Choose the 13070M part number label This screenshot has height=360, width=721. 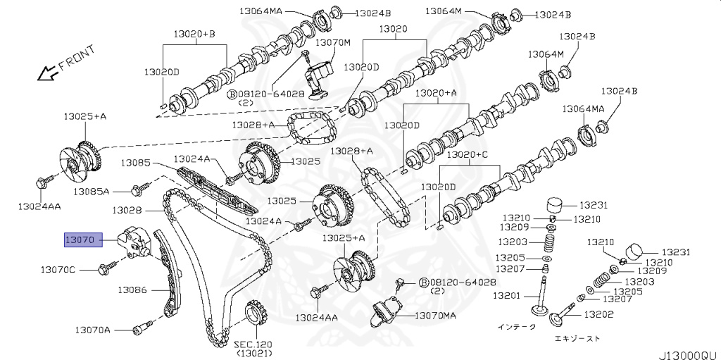point(332,42)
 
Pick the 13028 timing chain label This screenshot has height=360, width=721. point(126,210)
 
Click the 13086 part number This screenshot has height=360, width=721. point(132,289)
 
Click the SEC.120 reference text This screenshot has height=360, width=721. point(253,344)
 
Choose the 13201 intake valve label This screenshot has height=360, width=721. point(506,295)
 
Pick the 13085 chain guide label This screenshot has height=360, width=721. point(134,163)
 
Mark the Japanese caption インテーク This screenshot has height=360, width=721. point(516,326)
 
